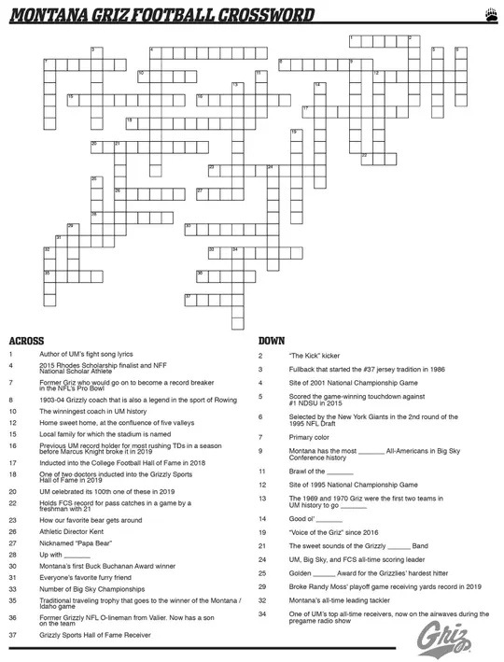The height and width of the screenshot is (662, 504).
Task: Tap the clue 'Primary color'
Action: tap(309, 437)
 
